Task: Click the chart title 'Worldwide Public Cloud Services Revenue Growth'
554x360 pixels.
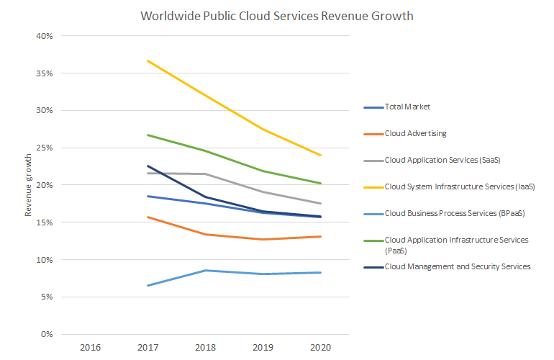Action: click(x=277, y=16)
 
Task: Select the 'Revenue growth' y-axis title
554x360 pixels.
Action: click(x=29, y=185)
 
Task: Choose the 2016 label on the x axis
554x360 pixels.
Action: click(x=90, y=348)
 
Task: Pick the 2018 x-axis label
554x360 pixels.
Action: click(x=206, y=348)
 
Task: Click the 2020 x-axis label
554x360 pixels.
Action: click(x=321, y=348)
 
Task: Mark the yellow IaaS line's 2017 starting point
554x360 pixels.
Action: click(x=147, y=60)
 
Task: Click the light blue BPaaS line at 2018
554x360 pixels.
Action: click(x=206, y=271)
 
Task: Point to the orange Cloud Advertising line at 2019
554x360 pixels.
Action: click(x=263, y=239)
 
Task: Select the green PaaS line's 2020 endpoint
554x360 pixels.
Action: click(x=321, y=184)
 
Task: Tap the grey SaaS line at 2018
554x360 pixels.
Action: click(x=206, y=174)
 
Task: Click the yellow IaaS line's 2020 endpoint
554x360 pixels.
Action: click(x=321, y=156)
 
